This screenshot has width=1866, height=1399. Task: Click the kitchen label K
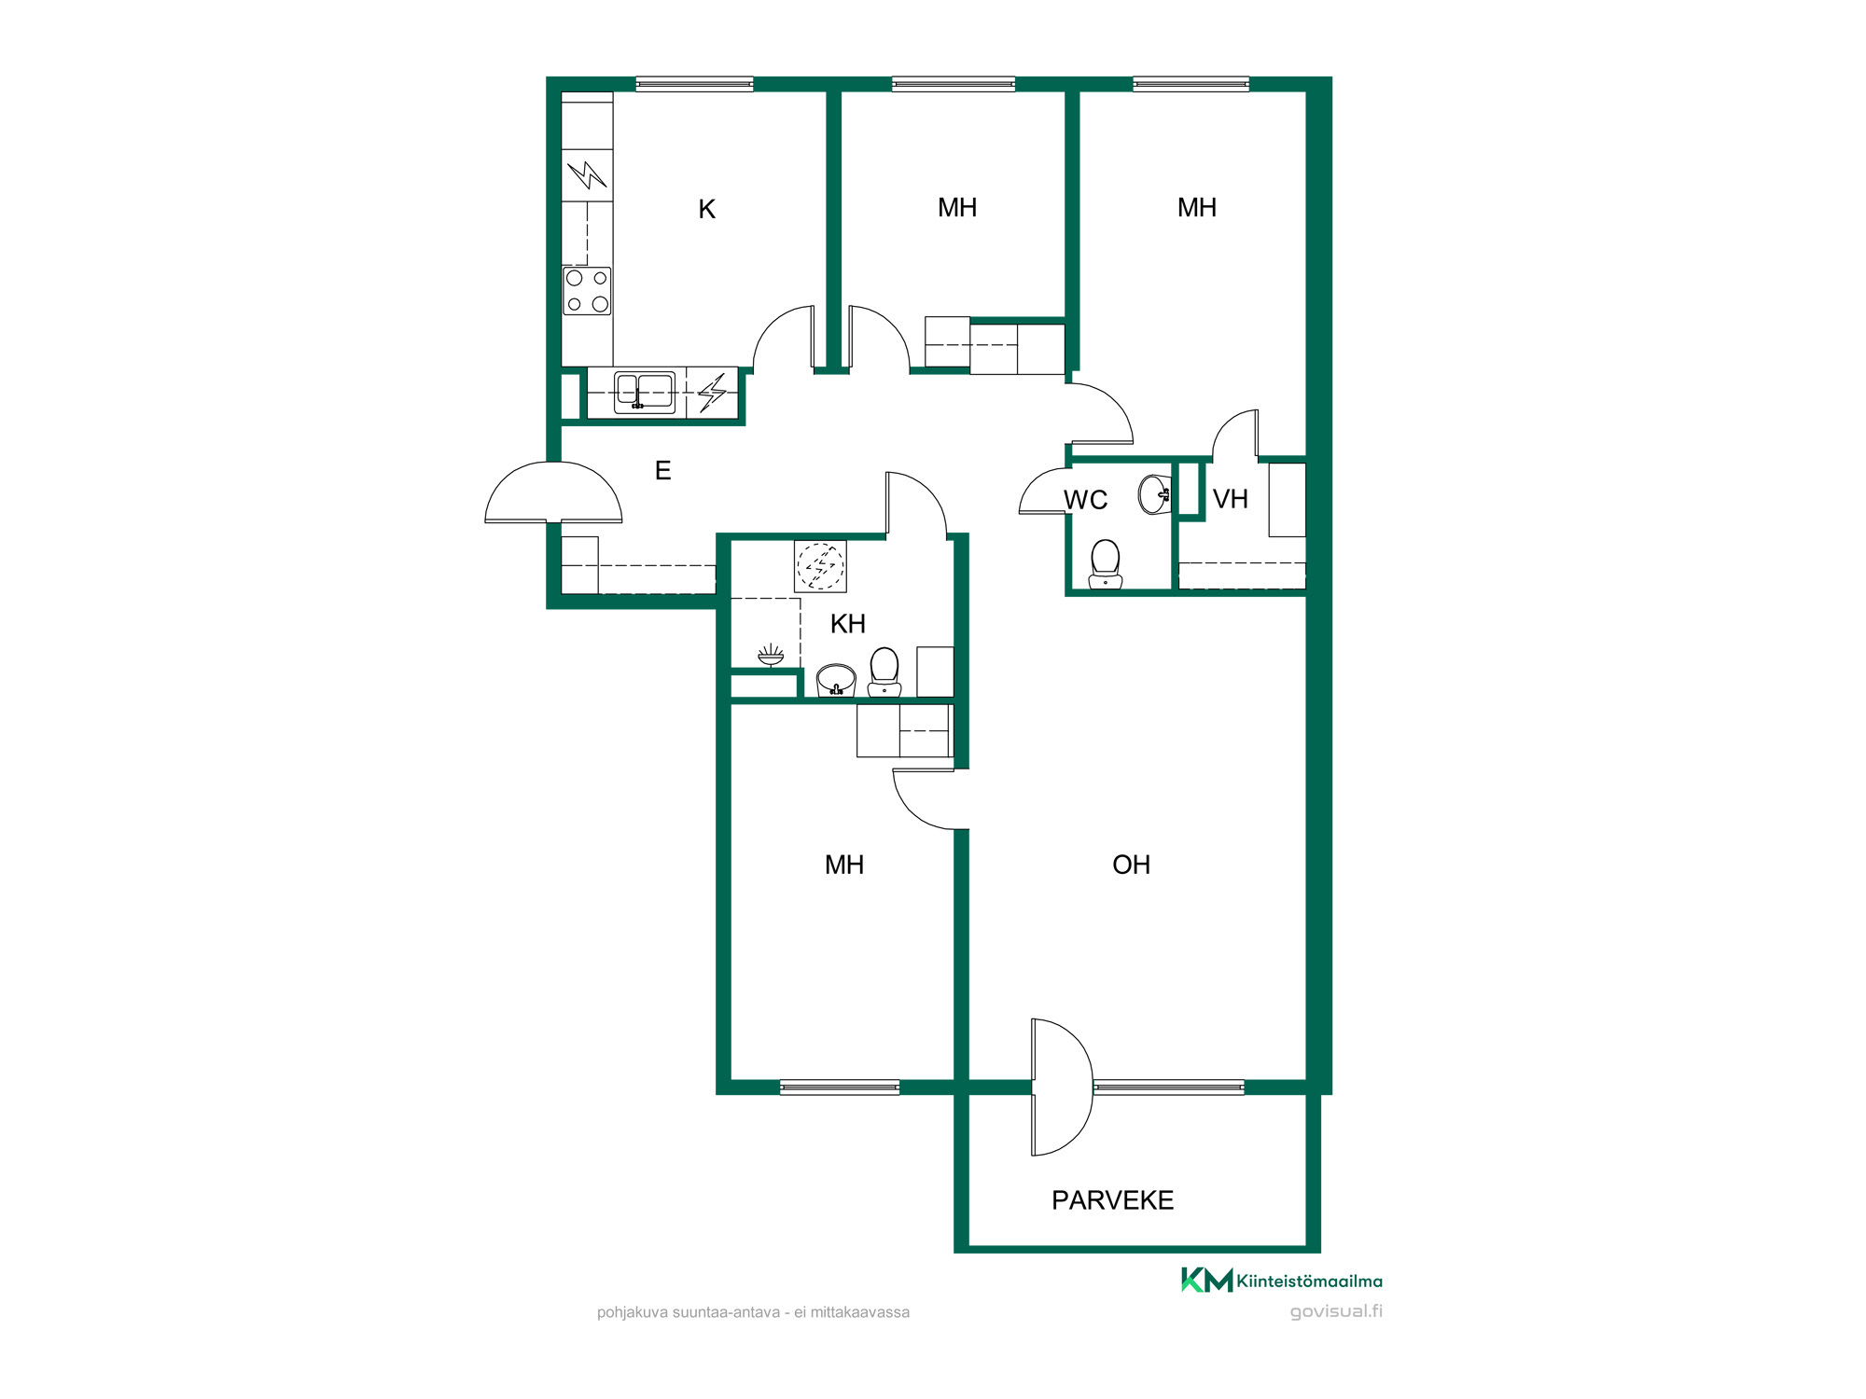pyautogui.click(x=706, y=210)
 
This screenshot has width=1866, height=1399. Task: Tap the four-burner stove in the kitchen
pyautogui.click(x=587, y=291)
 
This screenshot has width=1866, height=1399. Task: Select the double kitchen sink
pyautogui.click(x=644, y=392)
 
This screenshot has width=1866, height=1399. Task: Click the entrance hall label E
pyautogui.click(x=662, y=471)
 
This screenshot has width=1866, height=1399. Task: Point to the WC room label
pyautogui.click(x=1085, y=501)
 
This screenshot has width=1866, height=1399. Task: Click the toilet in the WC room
pyautogui.click(x=1106, y=564)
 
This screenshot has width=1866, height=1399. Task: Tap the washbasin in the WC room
pyautogui.click(x=1155, y=494)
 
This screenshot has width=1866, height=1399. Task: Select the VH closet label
pyautogui.click(x=1230, y=500)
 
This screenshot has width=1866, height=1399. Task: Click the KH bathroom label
pyautogui.click(x=847, y=624)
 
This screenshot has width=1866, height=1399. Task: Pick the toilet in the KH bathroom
pyautogui.click(x=884, y=672)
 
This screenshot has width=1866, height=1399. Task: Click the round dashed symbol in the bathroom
pyautogui.click(x=820, y=566)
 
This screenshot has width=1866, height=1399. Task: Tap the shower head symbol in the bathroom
pyautogui.click(x=771, y=655)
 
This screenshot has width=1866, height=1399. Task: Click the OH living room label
pyautogui.click(x=1131, y=866)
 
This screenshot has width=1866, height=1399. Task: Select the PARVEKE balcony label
pyautogui.click(x=1112, y=1200)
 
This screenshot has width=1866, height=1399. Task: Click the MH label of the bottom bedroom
pyautogui.click(x=843, y=866)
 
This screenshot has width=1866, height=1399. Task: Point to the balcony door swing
pyautogui.click(x=1061, y=1087)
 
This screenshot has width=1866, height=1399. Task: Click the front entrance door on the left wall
pyautogui.click(x=553, y=492)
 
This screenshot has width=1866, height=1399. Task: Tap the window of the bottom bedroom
pyautogui.click(x=839, y=1087)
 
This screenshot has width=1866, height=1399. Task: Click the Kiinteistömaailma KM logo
pyautogui.click(x=1282, y=1281)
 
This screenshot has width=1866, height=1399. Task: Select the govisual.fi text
pyautogui.click(x=1336, y=1311)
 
